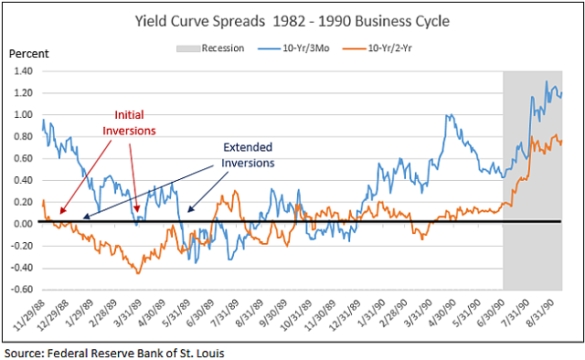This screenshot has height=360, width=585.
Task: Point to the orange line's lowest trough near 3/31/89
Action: pos(138,272)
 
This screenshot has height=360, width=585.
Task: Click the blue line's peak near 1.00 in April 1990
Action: pos(449,115)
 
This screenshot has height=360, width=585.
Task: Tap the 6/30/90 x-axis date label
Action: pos(492,315)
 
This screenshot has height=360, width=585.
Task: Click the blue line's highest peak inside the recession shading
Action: pos(548,82)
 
